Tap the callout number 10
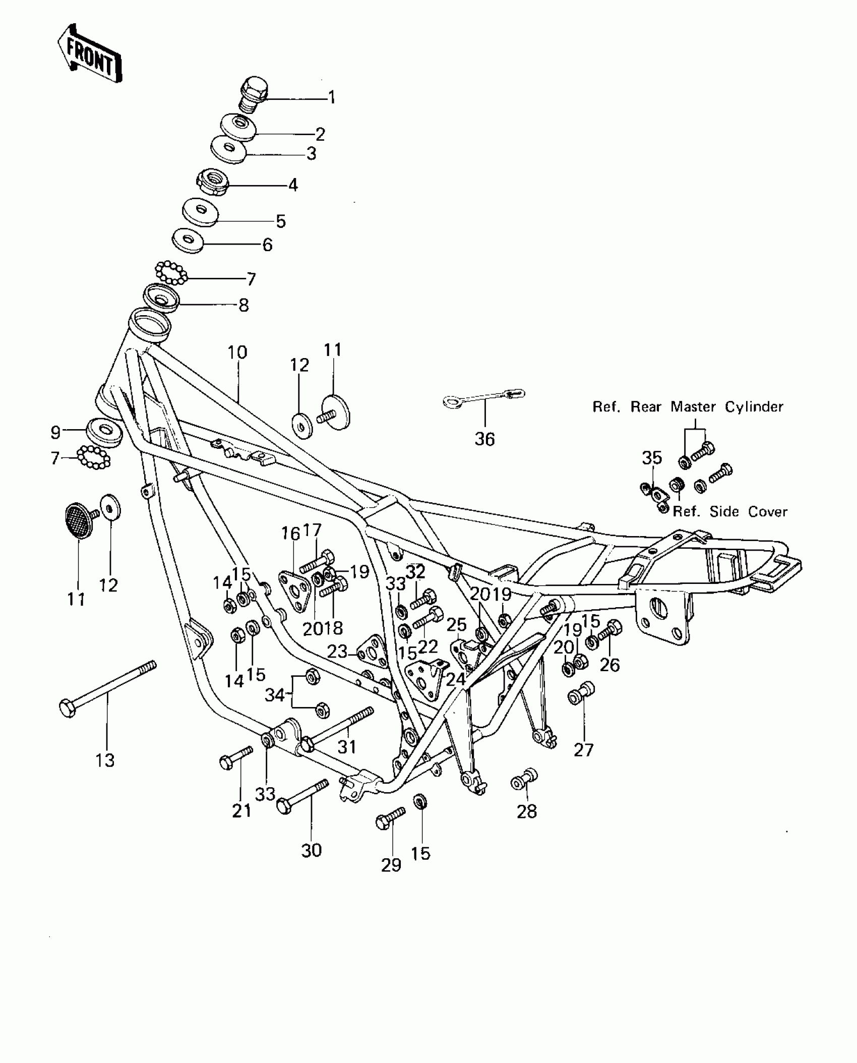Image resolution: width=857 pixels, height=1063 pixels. click(237, 352)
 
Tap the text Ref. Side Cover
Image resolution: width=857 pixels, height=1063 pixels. click(730, 511)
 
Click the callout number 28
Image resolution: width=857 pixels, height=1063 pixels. click(527, 811)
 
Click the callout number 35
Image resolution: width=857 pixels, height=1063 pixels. click(652, 458)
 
